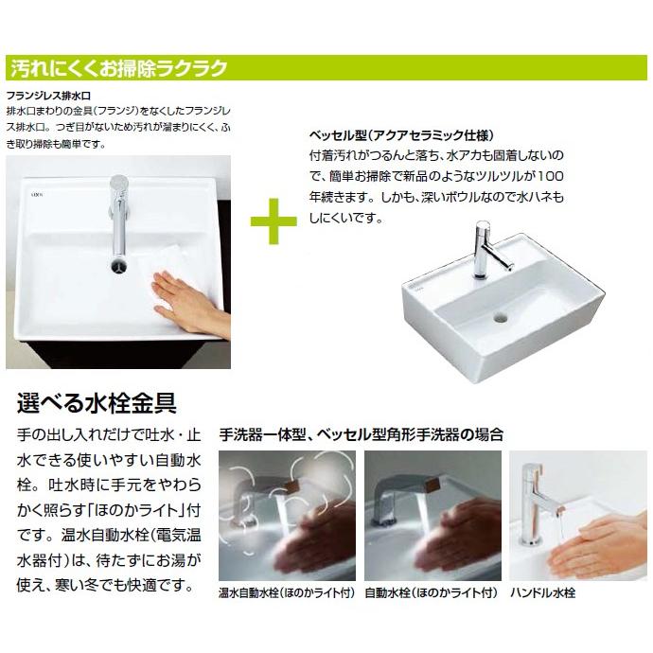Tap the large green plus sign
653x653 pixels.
coord(274,221)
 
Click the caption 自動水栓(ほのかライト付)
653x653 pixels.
coord(432,593)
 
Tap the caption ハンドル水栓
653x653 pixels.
coord(543,593)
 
